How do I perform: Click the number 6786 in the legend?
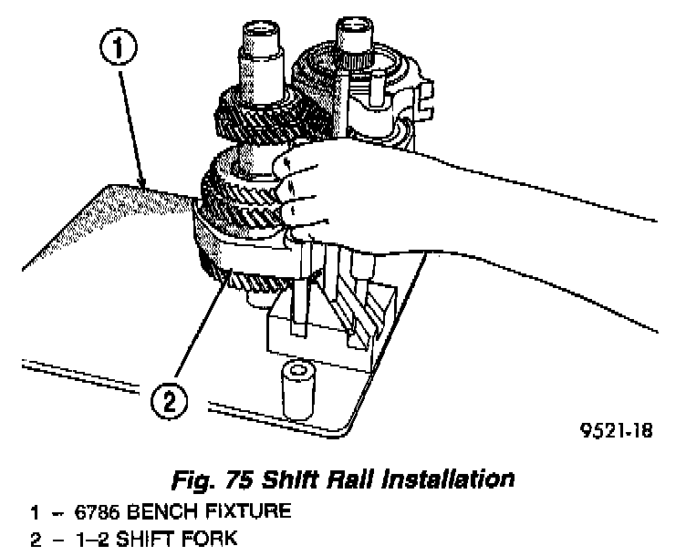coord(83,512)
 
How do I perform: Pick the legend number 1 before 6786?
coord(34,512)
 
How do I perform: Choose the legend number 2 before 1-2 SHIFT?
coord(34,540)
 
